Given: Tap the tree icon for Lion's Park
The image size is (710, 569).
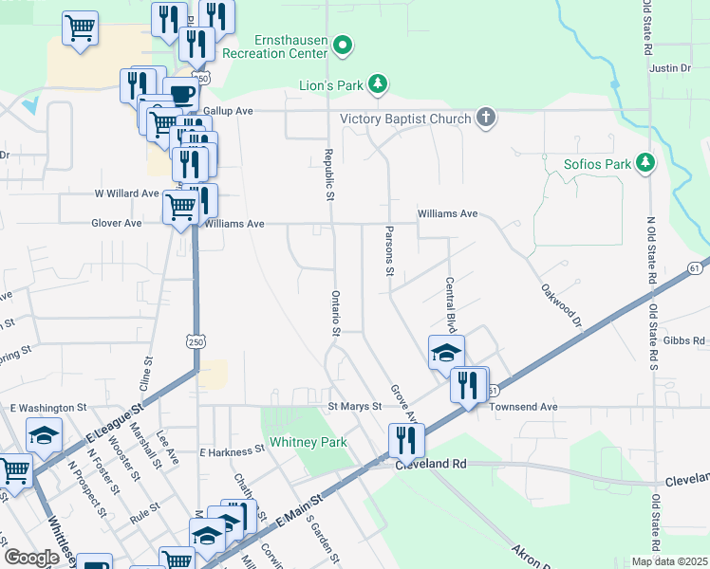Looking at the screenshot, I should [x=378, y=84].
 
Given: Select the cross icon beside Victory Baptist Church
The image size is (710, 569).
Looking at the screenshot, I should [x=485, y=118].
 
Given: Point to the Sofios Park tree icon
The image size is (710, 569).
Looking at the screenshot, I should [x=645, y=163].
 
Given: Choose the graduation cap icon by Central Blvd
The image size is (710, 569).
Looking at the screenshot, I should [x=446, y=352].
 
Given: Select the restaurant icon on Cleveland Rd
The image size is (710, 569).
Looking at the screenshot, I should [x=404, y=439].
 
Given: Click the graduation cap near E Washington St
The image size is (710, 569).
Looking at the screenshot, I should [x=44, y=434].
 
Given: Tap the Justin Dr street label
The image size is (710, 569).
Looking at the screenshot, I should [x=670, y=68].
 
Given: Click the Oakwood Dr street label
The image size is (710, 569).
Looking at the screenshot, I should [x=561, y=305].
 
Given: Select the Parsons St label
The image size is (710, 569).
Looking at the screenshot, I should [x=389, y=251].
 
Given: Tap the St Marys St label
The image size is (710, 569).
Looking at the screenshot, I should [x=354, y=407].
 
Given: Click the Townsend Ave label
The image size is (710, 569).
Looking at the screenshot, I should [x=523, y=407].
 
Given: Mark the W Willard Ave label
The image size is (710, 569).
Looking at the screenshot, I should [x=125, y=193].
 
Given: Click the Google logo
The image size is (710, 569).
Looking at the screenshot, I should [x=31, y=558].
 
